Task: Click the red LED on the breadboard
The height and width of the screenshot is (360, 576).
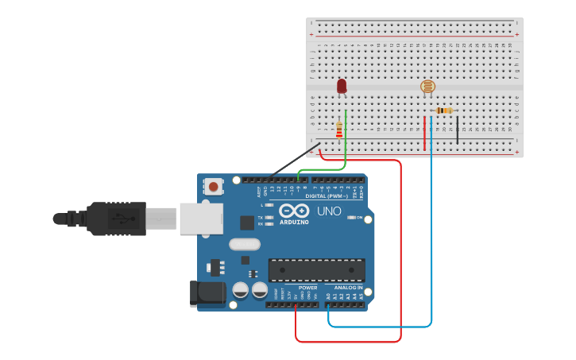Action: click(342, 86)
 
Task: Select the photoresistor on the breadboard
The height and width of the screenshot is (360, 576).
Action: click(427, 87)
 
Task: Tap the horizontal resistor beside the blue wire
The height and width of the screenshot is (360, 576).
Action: click(444, 110)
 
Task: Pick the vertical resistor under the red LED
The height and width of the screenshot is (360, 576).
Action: click(339, 129)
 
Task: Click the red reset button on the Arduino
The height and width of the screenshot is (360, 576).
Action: click(214, 187)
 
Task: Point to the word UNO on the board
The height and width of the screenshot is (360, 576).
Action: click(330, 211)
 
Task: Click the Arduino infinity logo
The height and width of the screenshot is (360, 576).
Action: click(293, 211)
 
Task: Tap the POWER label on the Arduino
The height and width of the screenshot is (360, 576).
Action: click(307, 288)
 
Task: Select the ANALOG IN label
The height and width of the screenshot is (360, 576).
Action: click(344, 288)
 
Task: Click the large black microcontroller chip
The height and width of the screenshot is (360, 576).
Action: click(316, 270)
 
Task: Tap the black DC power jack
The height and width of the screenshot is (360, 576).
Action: click(207, 292)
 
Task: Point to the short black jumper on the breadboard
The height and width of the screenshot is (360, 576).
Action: click(457, 130)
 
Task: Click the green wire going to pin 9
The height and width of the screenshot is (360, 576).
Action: click(346, 143)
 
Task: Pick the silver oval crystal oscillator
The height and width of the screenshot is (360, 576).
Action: click(244, 245)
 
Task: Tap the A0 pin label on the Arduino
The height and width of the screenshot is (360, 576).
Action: click(328, 296)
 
